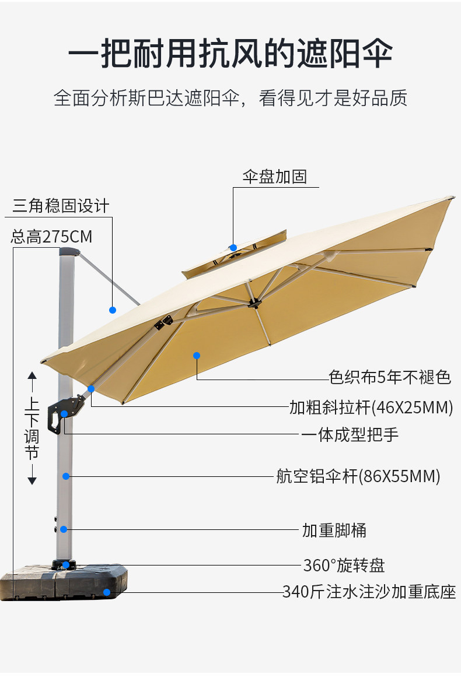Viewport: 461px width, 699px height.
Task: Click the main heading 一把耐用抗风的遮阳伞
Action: (x=230, y=54)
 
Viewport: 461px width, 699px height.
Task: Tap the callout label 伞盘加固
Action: (x=274, y=177)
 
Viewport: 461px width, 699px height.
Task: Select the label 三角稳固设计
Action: (x=61, y=206)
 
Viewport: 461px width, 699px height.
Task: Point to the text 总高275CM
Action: (x=51, y=237)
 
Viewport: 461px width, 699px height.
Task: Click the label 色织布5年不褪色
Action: (x=390, y=377)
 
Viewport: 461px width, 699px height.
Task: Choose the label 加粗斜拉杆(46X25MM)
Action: (x=371, y=407)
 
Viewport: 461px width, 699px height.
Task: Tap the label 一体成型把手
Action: (x=350, y=435)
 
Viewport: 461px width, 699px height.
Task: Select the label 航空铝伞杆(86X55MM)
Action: (x=358, y=477)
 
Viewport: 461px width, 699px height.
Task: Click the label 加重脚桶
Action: (x=334, y=531)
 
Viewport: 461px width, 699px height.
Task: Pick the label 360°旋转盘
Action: (x=344, y=565)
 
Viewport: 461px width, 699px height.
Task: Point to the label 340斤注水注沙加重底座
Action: (x=369, y=592)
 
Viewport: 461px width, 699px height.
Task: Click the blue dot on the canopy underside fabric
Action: (x=197, y=355)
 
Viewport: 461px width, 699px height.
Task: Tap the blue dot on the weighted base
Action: (x=107, y=592)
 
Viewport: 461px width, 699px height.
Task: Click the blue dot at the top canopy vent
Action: (x=233, y=248)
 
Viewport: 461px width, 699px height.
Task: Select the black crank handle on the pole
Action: (x=62, y=413)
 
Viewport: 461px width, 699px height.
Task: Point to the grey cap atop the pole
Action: (x=69, y=252)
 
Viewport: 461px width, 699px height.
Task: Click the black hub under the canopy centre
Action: (x=254, y=303)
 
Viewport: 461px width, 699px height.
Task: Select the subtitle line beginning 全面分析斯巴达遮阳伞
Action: (x=230, y=98)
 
